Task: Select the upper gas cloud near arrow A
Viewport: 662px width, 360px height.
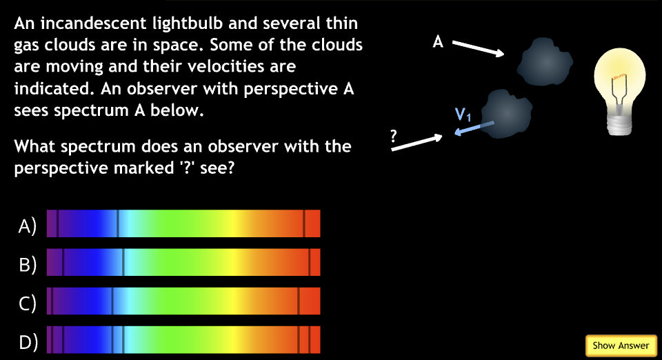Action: [x=543, y=60]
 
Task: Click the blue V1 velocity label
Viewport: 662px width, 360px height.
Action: [x=463, y=115]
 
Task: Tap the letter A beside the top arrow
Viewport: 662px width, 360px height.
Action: [x=437, y=43]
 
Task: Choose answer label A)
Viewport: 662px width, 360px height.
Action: [x=27, y=226]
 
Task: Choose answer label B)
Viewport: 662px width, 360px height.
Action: [x=27, y=264]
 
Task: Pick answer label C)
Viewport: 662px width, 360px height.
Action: [x=27, y=303]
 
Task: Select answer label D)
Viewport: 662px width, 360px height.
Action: [x=27, y=341]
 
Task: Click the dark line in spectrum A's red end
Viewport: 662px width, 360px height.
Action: [x=304, y=224]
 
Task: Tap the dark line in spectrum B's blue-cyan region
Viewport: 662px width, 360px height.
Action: [x=123, y=263]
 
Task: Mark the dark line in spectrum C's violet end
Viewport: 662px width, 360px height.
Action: [x=51, y=301]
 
